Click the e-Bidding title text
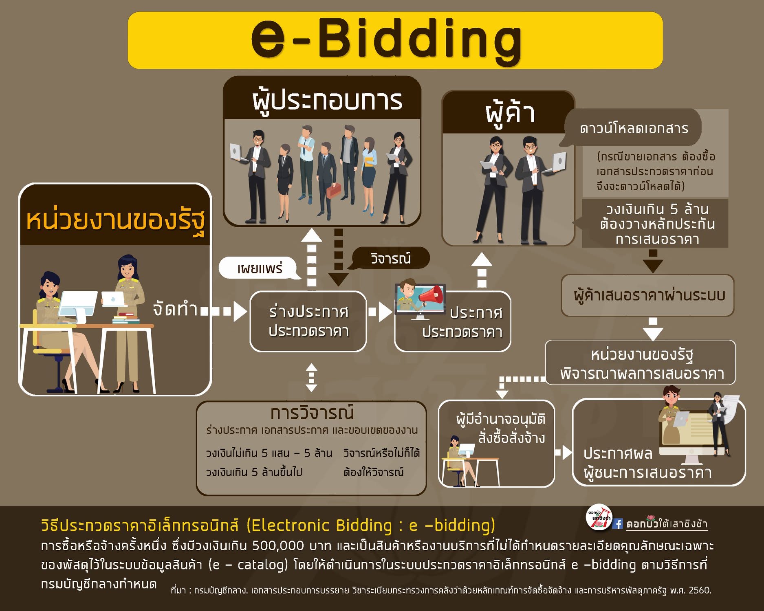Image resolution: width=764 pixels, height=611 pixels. pyautogui.click(x=386, y=40)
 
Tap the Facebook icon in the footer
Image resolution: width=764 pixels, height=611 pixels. pyautogui.click(x=618, y=523)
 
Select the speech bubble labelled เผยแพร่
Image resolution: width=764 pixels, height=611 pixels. pyautogui.click(x=260, y=268)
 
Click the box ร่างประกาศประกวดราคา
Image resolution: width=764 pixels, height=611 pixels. pyautogui.click(x=308, y=321)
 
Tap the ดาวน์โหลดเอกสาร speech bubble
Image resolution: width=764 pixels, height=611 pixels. pyautogui.click(x=633, y=128)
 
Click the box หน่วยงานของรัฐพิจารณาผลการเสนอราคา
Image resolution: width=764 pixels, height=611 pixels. pyautogui.click(x=641, y=363)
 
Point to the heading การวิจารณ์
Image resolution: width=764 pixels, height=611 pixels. pyautogui.click(x=312, y=413)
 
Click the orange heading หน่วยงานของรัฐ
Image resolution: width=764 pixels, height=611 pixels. pyautogui.click(x=115, y=220)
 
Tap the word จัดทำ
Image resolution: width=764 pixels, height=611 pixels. pyautogui.click(x=175, y=309)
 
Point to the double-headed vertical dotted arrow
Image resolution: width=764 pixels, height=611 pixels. pyautogui.click(x=311, y=378)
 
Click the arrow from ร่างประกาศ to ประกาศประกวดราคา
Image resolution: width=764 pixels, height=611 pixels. pyautogui.click(x=380, y=312)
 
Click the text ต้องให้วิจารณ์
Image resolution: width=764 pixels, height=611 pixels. pyautogui.click(x=373, y=472)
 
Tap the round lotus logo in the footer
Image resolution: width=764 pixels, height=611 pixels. pyautogui.click(x=599, y=518)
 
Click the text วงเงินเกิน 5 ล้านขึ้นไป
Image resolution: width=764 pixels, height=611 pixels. pyautogui.click(x=254, y=472)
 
